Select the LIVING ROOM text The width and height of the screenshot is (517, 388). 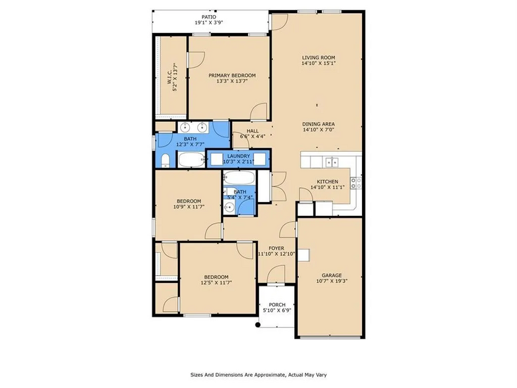coord(319,57)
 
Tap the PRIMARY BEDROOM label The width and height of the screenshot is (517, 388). coord(228,75)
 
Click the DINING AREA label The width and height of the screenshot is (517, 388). coord(319,124)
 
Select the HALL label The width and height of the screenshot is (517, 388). coord(253,131)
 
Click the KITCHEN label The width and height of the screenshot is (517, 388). coord(327,181)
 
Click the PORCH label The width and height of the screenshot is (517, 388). coord(277,304)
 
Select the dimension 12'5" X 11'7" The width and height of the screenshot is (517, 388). coord(216,283)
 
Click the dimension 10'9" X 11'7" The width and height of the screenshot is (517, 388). coord(189,207)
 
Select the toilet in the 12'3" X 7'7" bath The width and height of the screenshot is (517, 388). coord(164,160)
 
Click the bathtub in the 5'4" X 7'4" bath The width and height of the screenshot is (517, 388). coord(237,178)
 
